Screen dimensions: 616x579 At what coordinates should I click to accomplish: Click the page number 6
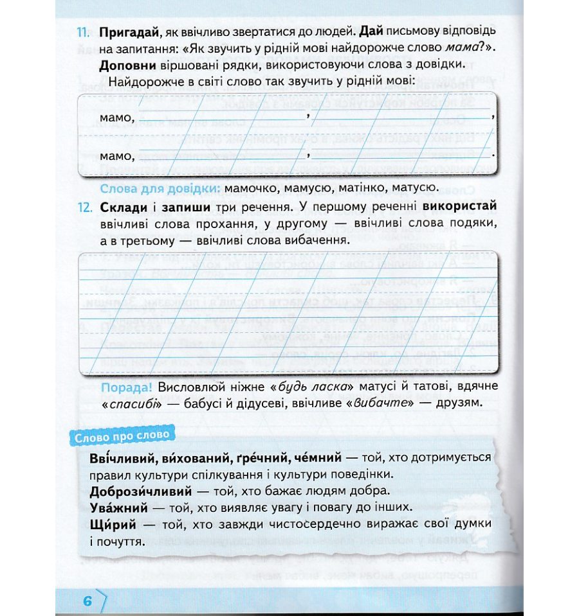click(88, 601)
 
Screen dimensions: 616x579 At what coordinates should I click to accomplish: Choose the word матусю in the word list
click(414, 188)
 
